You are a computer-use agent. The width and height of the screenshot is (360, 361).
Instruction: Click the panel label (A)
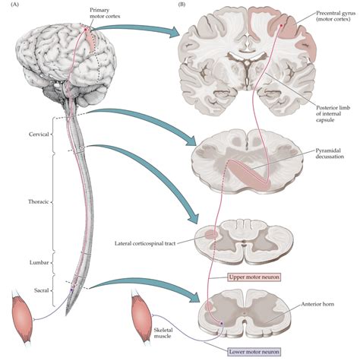[x=10, y=5]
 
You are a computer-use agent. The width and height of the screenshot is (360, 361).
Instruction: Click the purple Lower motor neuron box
[x=256, y=351]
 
